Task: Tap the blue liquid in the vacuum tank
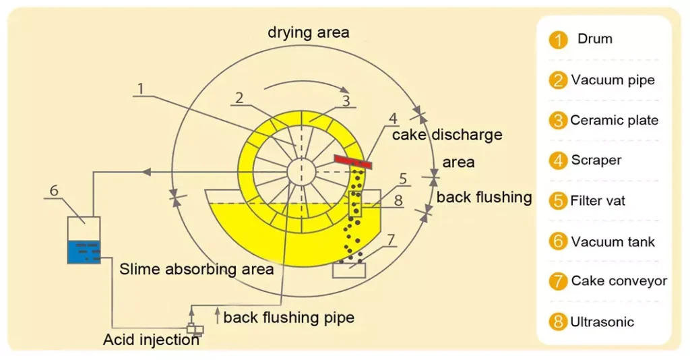pyautogui.click(x=84, y=252)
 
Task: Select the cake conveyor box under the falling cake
pyautogui.click(x=349, y=270)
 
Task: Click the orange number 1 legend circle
pyautogui.click(x=558, y=40)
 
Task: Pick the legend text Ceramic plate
pyautogui.click(x=614, y=121)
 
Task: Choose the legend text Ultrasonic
pyautogui.click(x=602, y=322)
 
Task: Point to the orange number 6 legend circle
pyautogui.click(x=558, y=241)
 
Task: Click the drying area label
pyautogui.click(x=309, y=32)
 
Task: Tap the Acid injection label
pyautogui.click(x=151, y=340)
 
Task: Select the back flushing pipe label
pyautogui.click(x=288, y=317)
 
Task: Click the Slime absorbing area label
pyautogui.click(x=197, y=269)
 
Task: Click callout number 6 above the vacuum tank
pyautogui.click(x=54, y=191)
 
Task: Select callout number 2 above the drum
pyautogui.click(x=239, y=97)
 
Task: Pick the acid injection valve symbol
pyautogui.click(x=194, y=330)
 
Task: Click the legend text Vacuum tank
pyautogui.click(x=613, y=241)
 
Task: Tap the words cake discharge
pyautogui.click(x=447, y=135)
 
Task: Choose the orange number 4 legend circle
pyautogui.click(x=558, y=161)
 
